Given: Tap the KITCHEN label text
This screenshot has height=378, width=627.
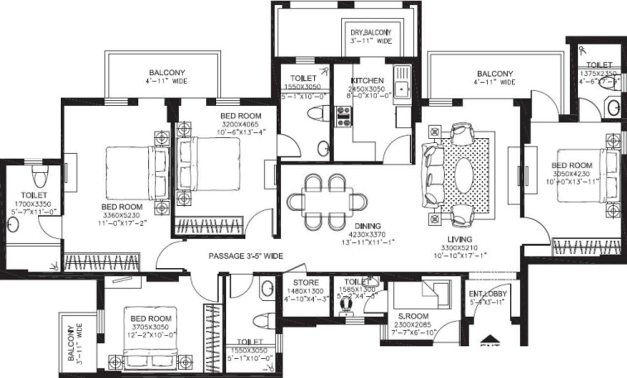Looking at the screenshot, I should click(x=367, y=81).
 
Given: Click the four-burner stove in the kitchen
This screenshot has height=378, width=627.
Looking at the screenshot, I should click(x=343, y=117).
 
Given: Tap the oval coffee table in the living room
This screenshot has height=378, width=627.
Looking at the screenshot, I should click(x=464, y=175).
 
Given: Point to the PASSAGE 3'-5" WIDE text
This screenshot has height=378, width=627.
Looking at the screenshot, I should click(x=246, y=256).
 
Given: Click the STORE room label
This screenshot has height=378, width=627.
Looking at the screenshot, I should click(x=305, y=283).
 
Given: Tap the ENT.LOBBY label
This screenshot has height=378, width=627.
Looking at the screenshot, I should click(x=487, y=294).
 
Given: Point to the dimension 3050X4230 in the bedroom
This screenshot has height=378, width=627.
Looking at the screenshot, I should click(x=571, y=174).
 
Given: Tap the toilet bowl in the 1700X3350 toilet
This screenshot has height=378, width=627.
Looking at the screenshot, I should click(x=39, y=175).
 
